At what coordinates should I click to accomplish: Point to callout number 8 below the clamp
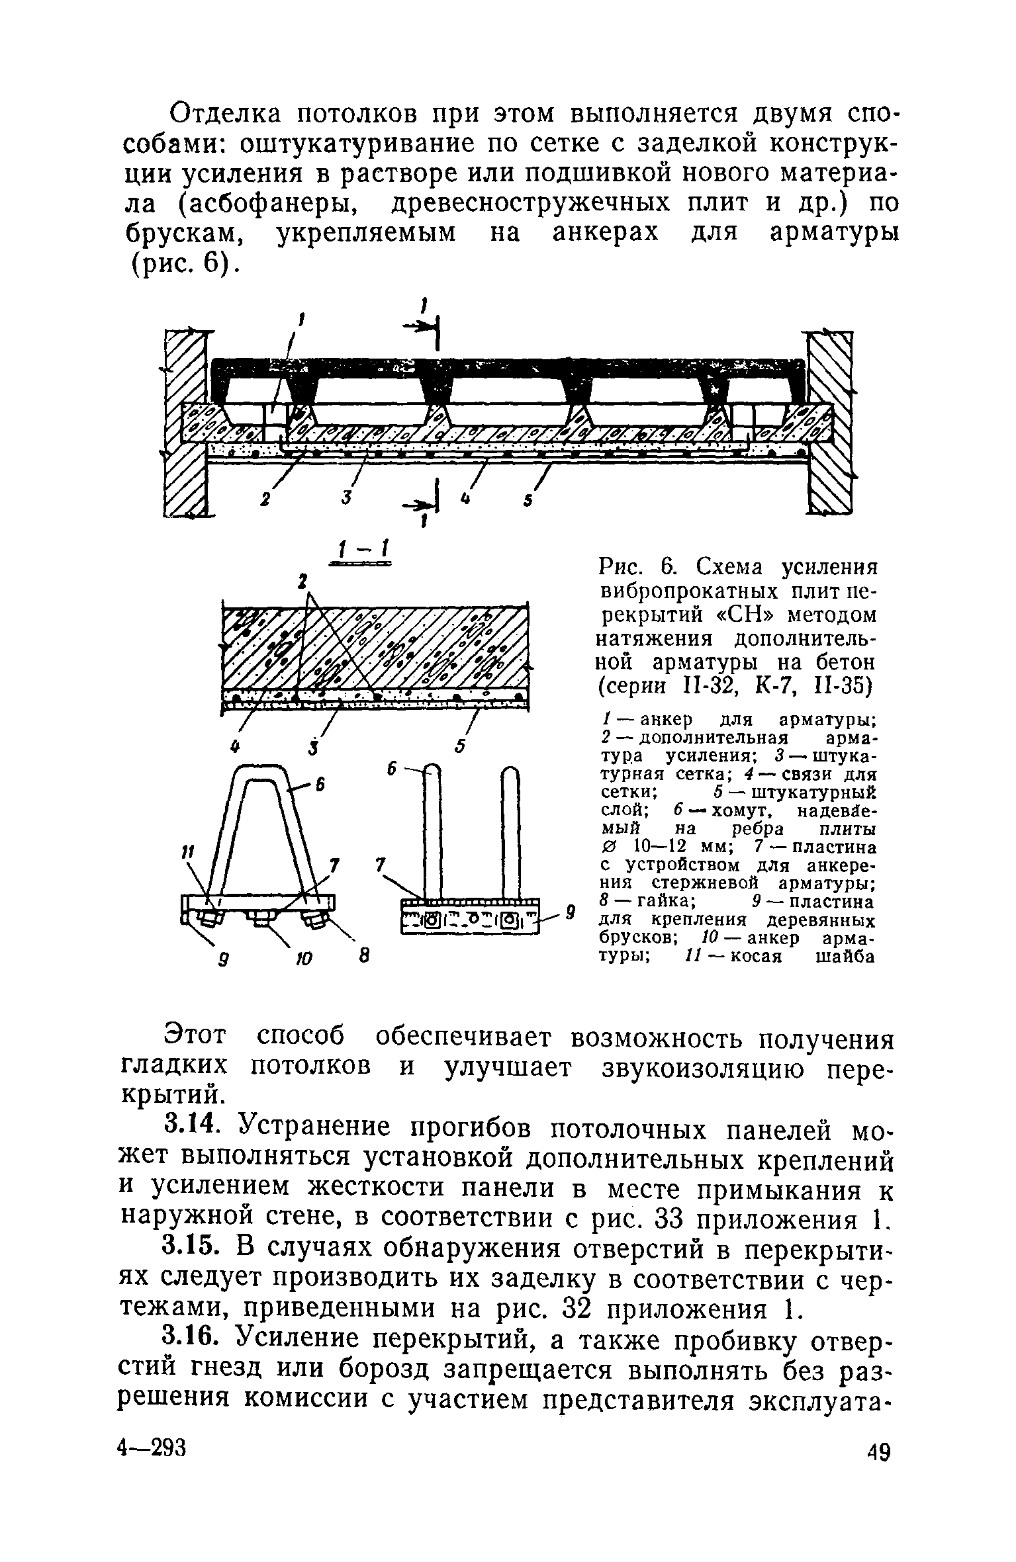[363, 956]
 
